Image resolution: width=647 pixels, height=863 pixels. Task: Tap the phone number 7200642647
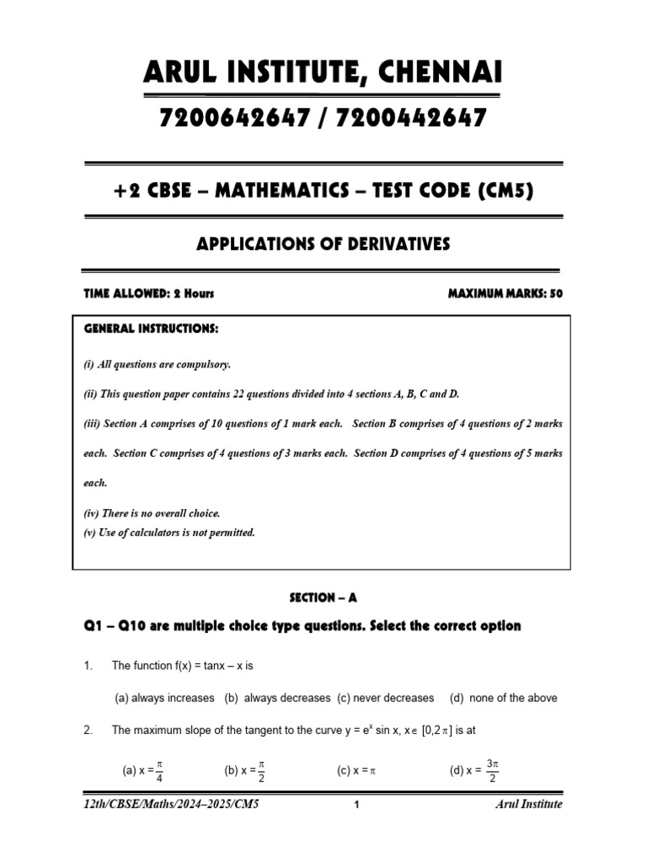[233, 119]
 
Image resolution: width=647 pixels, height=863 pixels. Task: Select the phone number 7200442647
[411, 119]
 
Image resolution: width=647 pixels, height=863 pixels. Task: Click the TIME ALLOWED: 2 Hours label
[148, 293]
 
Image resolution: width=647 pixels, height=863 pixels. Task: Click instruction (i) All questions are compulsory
[157, 365]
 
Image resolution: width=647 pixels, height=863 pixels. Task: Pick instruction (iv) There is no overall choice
[152, 513]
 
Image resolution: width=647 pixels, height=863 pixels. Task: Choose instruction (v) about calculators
[168, 533]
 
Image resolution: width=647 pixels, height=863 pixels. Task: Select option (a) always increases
[164, 698]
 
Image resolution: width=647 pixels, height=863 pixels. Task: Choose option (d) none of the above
[503, 698]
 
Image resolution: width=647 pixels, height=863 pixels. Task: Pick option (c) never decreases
[386, 698]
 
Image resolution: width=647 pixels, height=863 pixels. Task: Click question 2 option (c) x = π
[355, 770]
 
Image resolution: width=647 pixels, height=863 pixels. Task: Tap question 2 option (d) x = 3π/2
[476, 770]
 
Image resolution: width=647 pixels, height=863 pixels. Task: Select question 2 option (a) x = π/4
[143, 770]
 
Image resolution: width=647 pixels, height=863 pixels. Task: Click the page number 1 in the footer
[357, 805]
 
